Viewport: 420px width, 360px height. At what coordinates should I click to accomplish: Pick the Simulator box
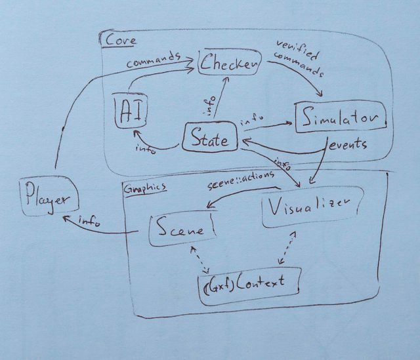click(x=340, y=119)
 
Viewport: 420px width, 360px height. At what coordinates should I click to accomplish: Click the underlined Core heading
click(x=120, y=41)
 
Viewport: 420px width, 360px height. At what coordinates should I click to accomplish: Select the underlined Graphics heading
click(x=144, y=187)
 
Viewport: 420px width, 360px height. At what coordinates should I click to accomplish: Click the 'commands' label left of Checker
click(x=154, y=60)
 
